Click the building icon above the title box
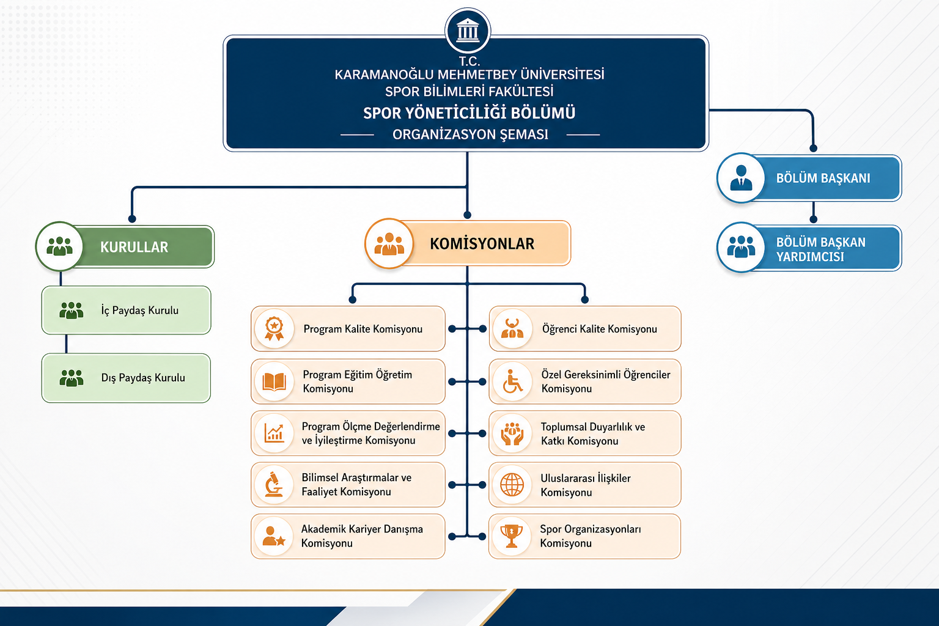click(468, 30)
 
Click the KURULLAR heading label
click(134, 247)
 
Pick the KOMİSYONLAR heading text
click(482, 244)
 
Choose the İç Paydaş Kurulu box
click(127, 311)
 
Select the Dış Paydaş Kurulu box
click(127, 378)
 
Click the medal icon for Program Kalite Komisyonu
click(274, 328)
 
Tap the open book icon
click(274, 381)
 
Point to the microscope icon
click(274, 485)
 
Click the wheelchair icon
click(512, 381)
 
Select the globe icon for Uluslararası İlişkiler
click(512, 485)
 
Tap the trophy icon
click(512, 536)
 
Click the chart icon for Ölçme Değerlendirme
click(274, 433)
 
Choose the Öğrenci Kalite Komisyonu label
click(599, 329)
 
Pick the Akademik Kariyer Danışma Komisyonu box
click(348, 536)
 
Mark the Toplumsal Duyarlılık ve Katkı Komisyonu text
click(592, 434)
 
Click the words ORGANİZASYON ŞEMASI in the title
click(470, 134)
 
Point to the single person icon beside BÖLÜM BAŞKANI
click(741, 179)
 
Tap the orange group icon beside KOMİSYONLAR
click(389, 244)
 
